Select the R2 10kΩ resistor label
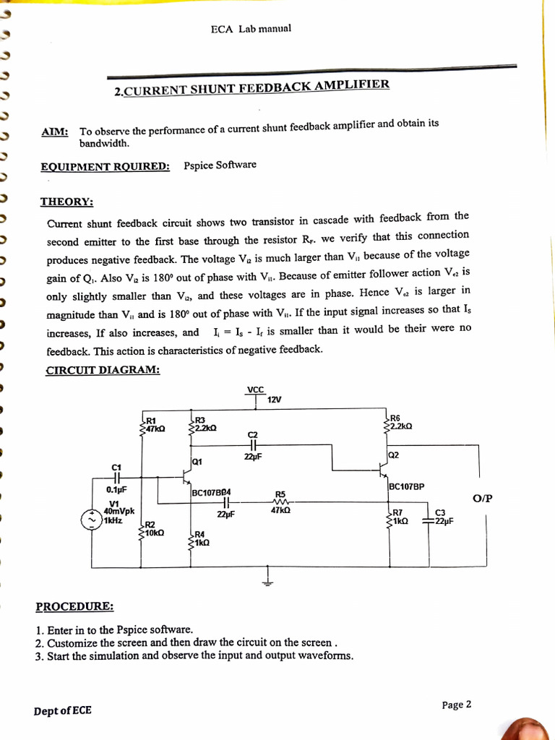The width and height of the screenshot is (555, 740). [153, 528]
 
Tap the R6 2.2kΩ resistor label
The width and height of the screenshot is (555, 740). [400, 422]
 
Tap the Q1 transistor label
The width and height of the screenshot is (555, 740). [198, 461]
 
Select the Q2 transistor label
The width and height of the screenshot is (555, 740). [394, 455]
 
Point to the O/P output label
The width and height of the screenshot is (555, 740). [482, 498]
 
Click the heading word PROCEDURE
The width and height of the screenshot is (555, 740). [74, 606]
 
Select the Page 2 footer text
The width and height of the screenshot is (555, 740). [457, 705]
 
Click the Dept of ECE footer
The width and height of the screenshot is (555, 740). [63, 710]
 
